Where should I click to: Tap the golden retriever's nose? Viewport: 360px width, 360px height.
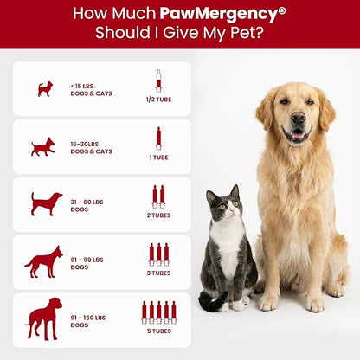tap(297, 121)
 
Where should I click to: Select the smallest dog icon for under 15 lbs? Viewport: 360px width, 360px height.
tap(45, 88)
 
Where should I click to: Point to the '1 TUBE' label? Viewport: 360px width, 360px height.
tap(157, 157)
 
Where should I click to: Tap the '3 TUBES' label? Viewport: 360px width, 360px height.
tap(157, 273)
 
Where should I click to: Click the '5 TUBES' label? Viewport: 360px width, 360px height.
tap(157, 330)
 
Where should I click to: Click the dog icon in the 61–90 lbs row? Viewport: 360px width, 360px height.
tap(43, 260)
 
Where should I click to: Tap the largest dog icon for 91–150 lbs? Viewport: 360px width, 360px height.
tap(43, 318)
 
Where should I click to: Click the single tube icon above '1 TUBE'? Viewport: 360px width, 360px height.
tap(157, 138)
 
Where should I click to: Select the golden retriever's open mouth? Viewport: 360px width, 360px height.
tap(297, 134)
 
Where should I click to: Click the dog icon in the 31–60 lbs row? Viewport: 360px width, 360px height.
tap(46, 203)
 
